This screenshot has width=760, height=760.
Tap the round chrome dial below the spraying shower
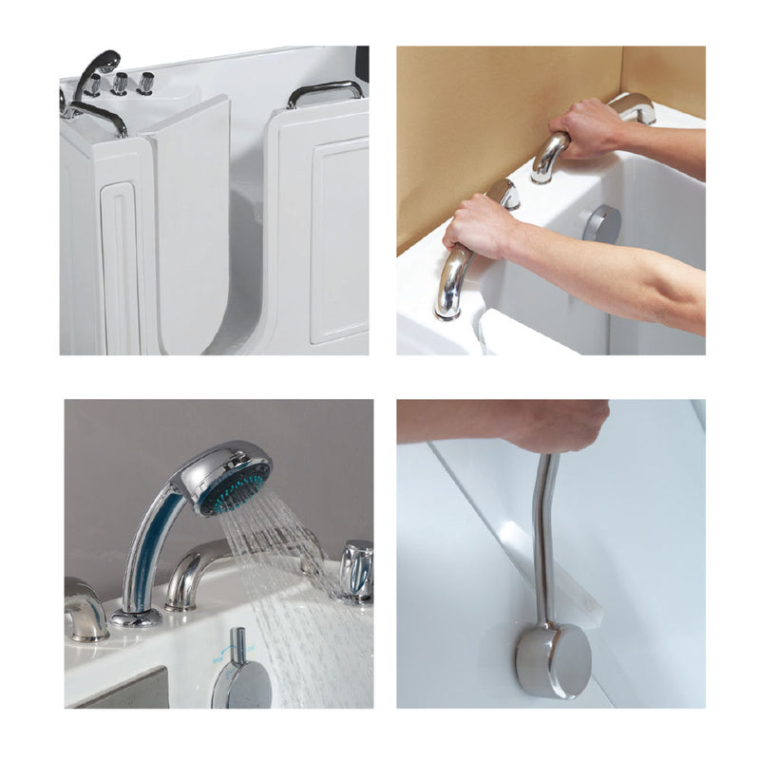(240, 684)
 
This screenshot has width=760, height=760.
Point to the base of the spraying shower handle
(137, 617)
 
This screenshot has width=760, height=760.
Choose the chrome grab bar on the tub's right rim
(325, 91)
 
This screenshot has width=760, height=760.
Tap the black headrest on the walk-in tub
(362, 59)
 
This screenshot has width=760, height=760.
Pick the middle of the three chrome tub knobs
(121, 85)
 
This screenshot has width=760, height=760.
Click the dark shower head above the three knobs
(100, 64)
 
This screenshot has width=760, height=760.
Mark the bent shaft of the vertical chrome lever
(544, 532)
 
